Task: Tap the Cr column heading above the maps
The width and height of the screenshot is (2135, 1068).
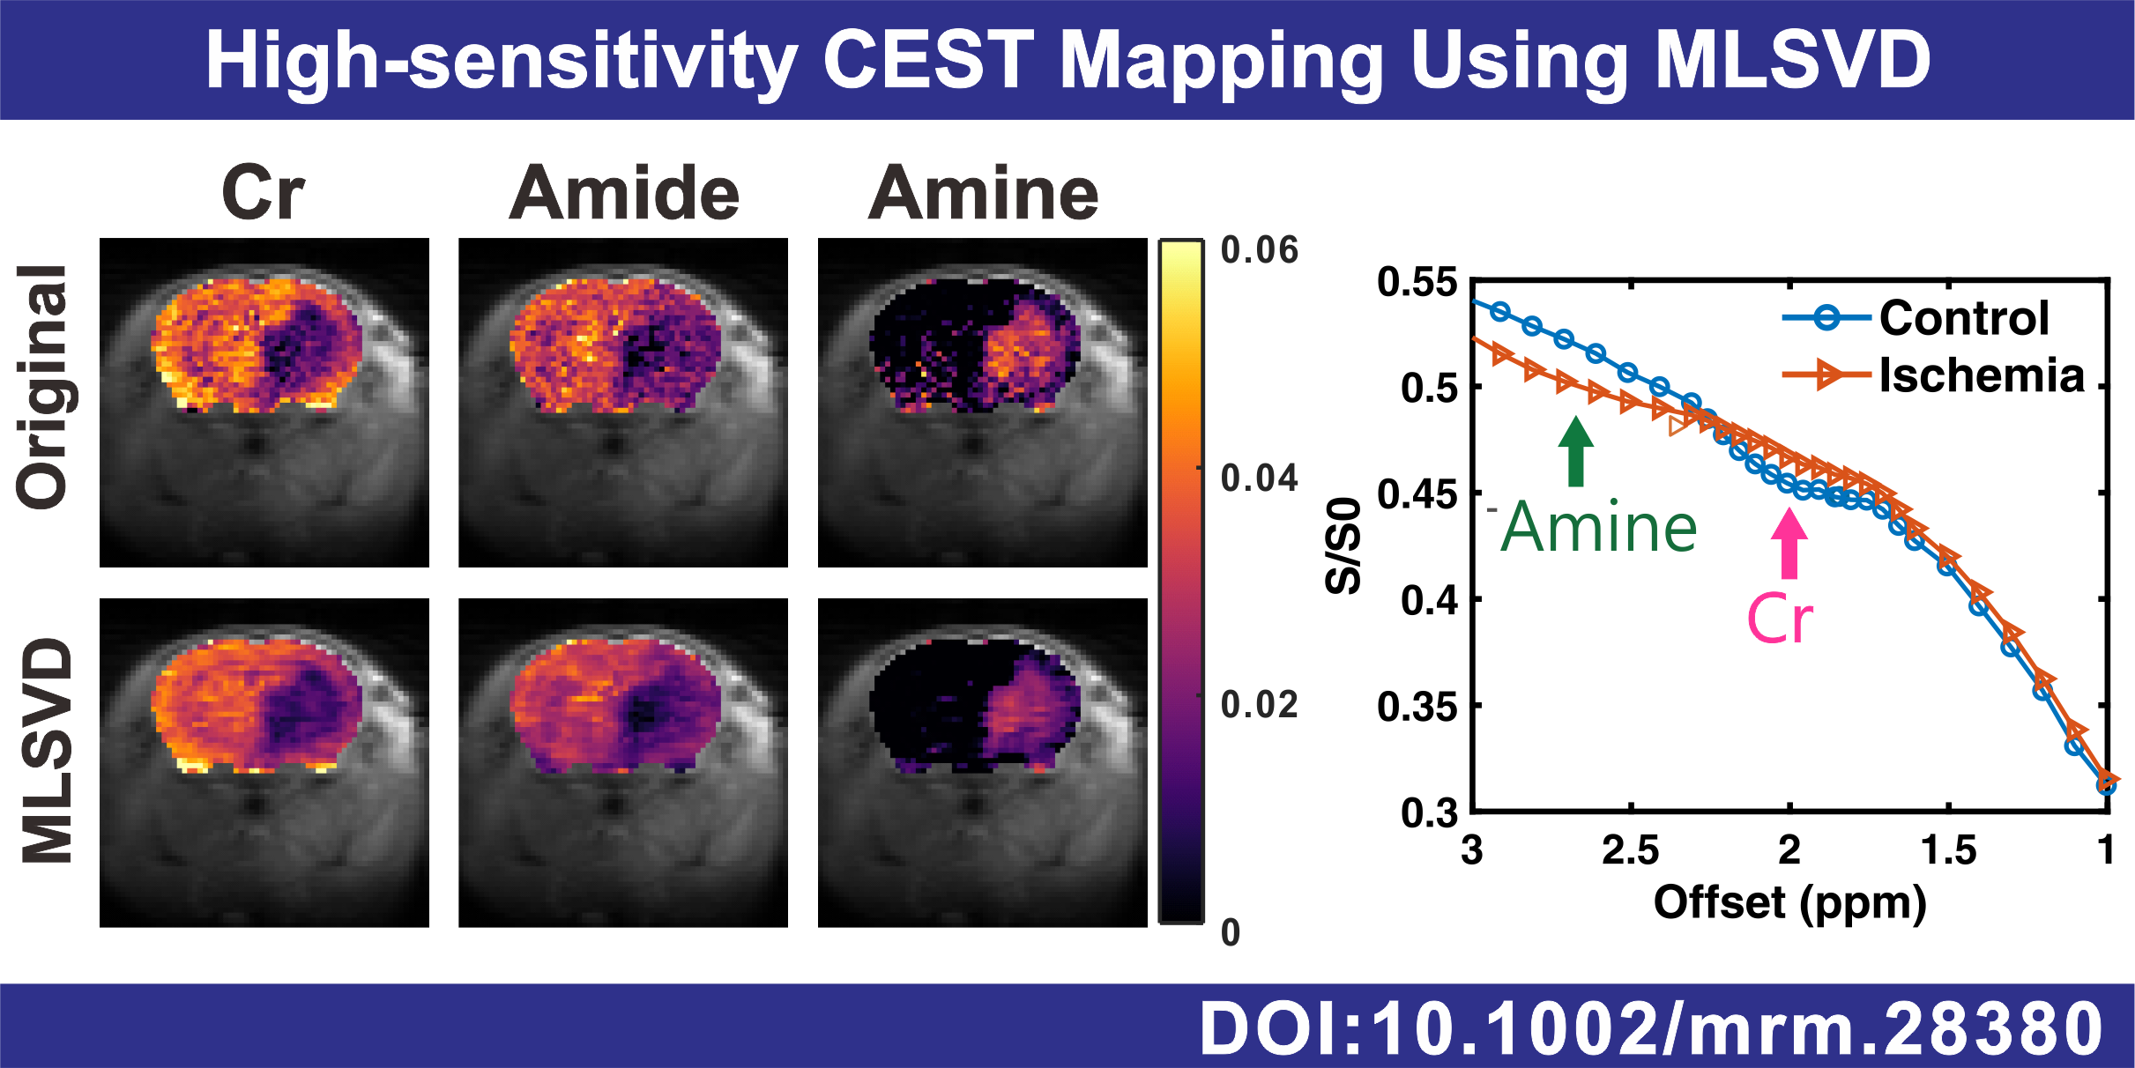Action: [x=263, y=193]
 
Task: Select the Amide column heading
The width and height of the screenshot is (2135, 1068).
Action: [x=624, y=193]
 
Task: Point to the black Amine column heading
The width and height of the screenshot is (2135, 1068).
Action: [x=983, y=193]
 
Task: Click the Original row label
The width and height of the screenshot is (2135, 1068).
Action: [x=42, y=388]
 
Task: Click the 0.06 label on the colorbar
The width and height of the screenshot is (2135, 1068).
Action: [x=1259, y=251]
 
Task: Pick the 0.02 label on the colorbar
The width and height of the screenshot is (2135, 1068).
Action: [x=1259, y=706]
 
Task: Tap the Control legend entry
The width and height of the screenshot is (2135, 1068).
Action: [x=1963, y=317]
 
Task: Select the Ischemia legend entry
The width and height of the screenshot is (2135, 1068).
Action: [x=1981, y=375]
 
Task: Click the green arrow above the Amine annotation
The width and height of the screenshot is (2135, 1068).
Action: [x=1576, y=450]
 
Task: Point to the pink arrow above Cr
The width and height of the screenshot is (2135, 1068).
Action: [x=1789, y=544]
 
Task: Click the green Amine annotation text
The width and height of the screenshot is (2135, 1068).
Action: [x=1599, y=528]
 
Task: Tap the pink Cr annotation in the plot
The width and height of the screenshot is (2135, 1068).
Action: [x=1780, y=619]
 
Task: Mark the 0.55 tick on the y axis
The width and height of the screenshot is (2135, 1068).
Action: [x=1417, y=283]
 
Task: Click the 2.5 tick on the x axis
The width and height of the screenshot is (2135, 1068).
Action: [x=1630, y=850]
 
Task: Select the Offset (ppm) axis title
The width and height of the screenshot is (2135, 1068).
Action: [x=1789, y=903]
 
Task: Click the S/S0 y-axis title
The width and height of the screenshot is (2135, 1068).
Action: [x=1343, y=546]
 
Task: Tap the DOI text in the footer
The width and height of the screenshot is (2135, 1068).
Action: [x=1651, y=1029]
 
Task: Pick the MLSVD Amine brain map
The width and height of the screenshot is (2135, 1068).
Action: [x=982, y=763]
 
